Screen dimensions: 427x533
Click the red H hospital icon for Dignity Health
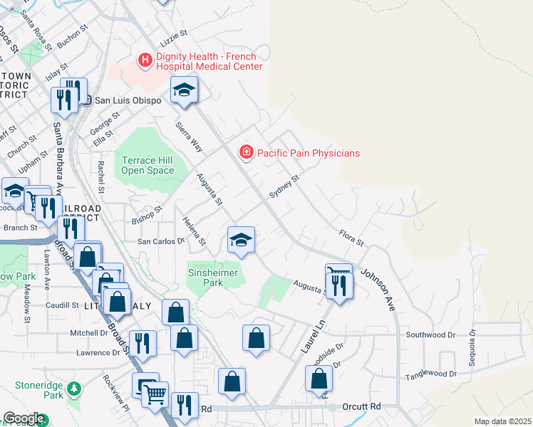point(145,60)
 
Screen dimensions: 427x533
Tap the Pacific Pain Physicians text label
point(308,153)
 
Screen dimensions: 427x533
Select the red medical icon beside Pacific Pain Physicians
point(246,152)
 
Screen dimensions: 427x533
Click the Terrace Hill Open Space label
point(148,165)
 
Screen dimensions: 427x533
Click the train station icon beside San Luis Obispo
point(86,100)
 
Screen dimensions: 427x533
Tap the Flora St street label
point(351,238)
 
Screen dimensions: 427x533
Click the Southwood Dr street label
point(430,334)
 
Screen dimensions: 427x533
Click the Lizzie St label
point(173,33)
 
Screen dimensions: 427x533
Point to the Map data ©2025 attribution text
point(502,421)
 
